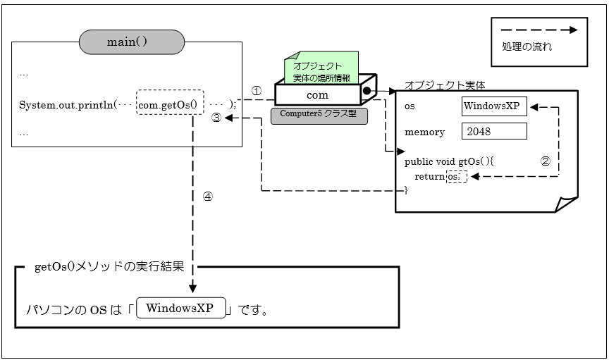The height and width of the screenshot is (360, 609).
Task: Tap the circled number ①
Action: click(257, 91)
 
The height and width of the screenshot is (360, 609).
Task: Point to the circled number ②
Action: click(545, 161)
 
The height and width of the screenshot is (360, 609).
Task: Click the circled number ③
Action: click(217, 118)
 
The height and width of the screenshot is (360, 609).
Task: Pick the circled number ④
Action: click(207, 197)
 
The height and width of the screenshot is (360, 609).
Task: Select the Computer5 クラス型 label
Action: click(319, 115)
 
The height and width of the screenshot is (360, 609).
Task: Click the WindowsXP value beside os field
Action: click(494, 106)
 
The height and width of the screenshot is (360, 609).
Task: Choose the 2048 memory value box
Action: click(494, 131)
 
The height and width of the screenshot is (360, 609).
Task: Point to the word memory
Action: click(424, 132)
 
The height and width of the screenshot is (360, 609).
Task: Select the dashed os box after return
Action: click(457, 177)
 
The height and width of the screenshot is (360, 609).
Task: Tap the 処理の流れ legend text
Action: click(527, 47)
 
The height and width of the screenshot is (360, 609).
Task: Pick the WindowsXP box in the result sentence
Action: click(181, 309)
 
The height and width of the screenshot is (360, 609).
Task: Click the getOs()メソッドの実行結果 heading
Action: click(109, 268)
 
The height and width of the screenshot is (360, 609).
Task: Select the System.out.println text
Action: click(67, 105)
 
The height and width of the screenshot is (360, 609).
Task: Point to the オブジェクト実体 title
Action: click(445, 85)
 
